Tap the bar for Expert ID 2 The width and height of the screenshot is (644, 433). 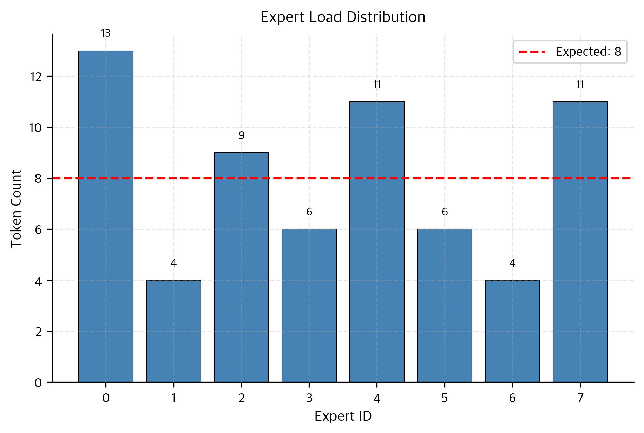(241, 267)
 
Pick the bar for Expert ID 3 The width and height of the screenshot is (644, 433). (309, 305)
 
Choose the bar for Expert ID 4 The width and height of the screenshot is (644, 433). (377, 242)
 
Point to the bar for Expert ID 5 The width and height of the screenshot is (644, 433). (445, 305)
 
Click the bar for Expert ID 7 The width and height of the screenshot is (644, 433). (580, 242)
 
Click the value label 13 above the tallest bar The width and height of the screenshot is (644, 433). (106, 34)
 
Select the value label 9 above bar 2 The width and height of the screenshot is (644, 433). (241, 135)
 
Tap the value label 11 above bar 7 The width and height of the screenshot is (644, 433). (580, 85)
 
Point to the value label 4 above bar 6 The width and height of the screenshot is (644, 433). (512, 263)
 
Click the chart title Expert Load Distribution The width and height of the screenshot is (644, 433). (343, 17)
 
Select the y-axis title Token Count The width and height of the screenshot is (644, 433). (16, 208)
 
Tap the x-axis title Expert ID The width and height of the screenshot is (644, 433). (343, 417)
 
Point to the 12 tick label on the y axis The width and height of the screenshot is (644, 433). (36, 77)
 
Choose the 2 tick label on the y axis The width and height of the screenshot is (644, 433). (39, 332)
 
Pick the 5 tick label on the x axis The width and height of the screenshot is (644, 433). (445, 398)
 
